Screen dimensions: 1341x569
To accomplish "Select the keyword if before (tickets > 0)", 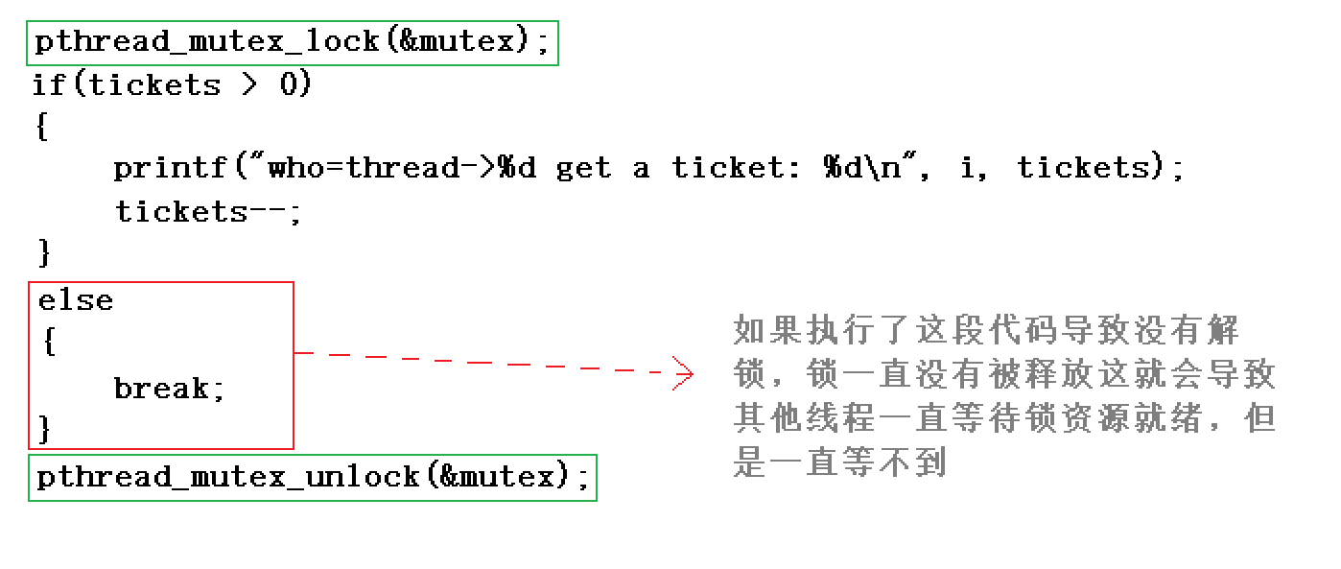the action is [48, 85].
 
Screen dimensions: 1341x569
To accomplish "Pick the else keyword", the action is [76, 301].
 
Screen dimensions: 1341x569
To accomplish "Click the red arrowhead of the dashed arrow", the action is [683, 372].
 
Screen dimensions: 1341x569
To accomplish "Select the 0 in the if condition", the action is [291, 85].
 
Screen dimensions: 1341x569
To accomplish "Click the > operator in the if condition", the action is [249, 85].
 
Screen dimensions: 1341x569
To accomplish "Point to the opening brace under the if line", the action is [41, 128].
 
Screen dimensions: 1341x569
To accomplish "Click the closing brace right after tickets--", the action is [44, 253].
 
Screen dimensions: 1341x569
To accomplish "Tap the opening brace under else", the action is [48, 343].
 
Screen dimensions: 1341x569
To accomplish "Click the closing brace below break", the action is [44, 428].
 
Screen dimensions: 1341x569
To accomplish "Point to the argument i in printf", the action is [966, 169].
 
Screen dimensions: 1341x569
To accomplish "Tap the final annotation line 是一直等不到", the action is [840, 462].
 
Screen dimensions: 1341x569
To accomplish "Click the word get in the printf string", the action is [583, 169].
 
